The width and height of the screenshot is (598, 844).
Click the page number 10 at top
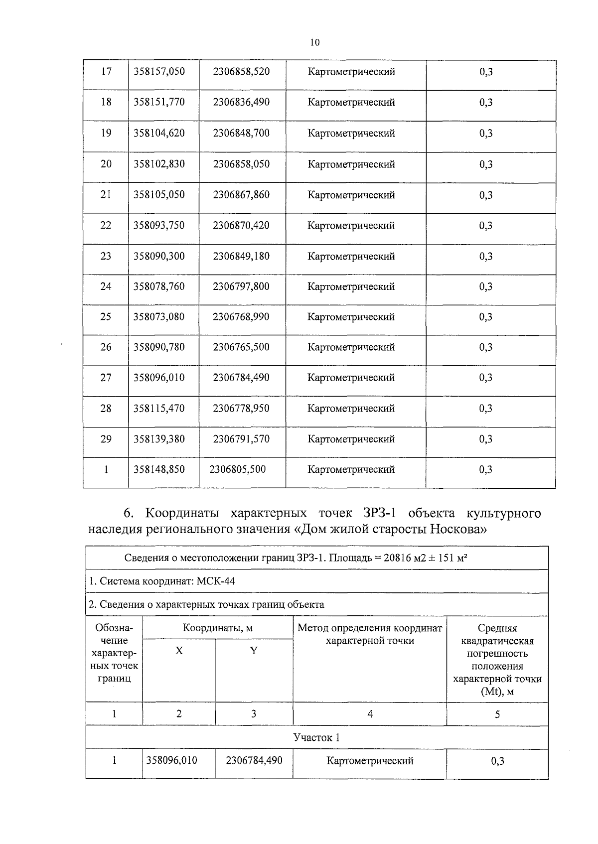coord(314,43)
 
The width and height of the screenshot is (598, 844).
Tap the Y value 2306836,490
coord(241,102)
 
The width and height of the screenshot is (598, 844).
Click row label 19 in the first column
coord(106,133)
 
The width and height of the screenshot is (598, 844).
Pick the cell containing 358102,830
coord(159,164)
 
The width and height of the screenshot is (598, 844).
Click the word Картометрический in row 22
coord(351,226)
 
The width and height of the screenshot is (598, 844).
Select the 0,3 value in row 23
coord(486,257)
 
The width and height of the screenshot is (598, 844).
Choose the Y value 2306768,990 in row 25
coord(241,317)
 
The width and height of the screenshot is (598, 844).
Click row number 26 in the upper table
coord(106,347)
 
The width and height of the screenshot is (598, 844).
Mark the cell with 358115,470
coord(159,409)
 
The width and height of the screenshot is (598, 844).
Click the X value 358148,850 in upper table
coord(159,469)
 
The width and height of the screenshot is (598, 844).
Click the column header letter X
coord(179,651)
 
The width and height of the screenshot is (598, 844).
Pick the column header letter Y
coord(254,651)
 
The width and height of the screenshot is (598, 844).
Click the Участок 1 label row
coord(316,737)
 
